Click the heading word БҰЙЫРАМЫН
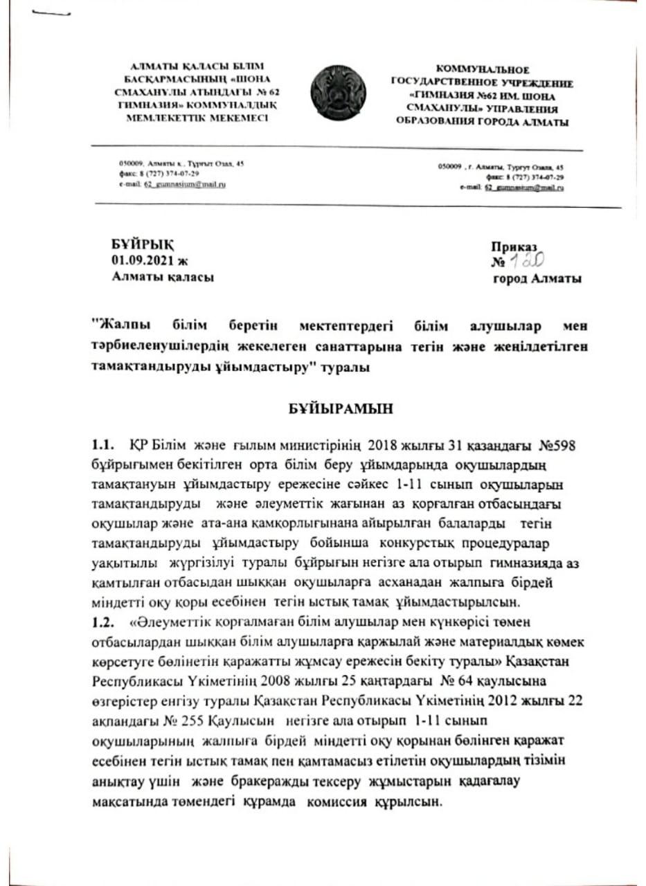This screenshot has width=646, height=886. click(x=341, y=408)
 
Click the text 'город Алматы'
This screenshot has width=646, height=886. click(x=537, y=278)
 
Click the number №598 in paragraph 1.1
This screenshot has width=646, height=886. click(x=551, y=444)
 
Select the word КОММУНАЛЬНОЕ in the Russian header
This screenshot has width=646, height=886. click(x=482, y=70)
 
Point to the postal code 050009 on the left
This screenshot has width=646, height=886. click(x=129, y=163)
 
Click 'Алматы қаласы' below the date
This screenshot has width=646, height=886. click(x=163, y=277)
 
